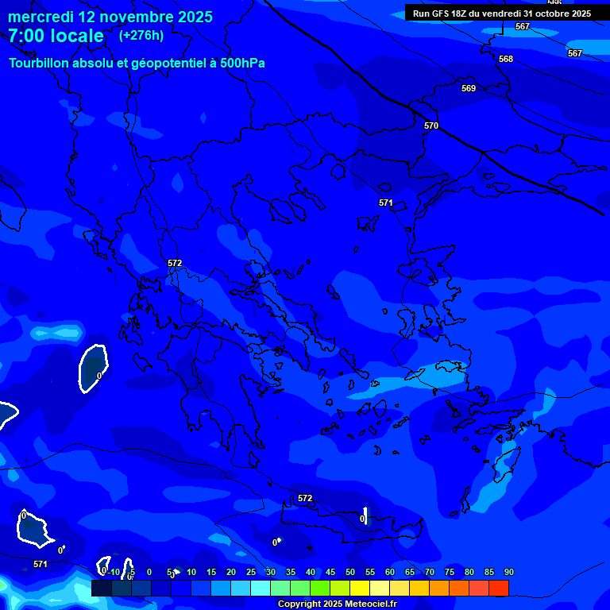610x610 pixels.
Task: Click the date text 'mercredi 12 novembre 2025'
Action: (110, 17)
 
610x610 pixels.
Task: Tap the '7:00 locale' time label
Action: (56, 36)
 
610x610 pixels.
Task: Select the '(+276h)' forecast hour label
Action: (141, 35)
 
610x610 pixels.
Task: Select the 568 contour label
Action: (506, 59)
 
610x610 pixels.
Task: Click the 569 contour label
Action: (469, 88)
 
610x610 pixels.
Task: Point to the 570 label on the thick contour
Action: (431, 125)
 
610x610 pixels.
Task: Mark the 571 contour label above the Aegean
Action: (386, 203)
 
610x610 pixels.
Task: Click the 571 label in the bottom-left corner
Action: (41, 564)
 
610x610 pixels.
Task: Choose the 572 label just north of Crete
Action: (305, 498)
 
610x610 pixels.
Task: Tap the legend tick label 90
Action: (508, 572)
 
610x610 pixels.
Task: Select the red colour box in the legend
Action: (498, 588)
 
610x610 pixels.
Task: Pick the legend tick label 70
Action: (430, 572)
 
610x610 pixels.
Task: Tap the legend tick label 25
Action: (251, 572)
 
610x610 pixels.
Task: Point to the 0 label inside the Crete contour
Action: (362, 519)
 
